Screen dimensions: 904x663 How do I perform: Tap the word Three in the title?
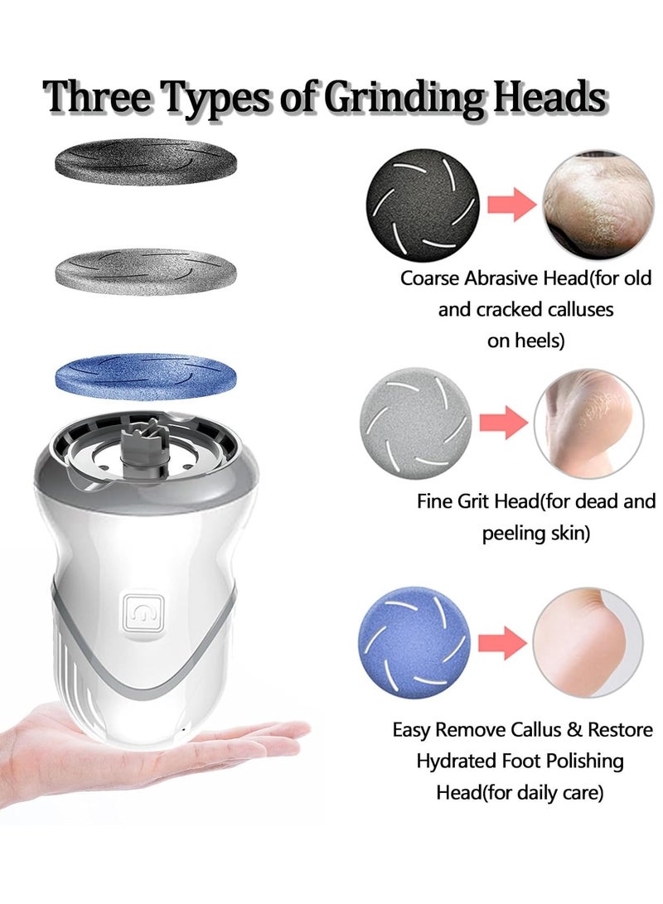click(x=98, y=98)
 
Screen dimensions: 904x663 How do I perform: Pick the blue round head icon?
click(x=414, y=642)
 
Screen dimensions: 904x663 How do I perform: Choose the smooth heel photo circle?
click(x=586, y=642)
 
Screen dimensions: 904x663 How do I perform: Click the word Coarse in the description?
click(x=428, y=278)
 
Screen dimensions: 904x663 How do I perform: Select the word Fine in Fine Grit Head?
click(x=435, y=502)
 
